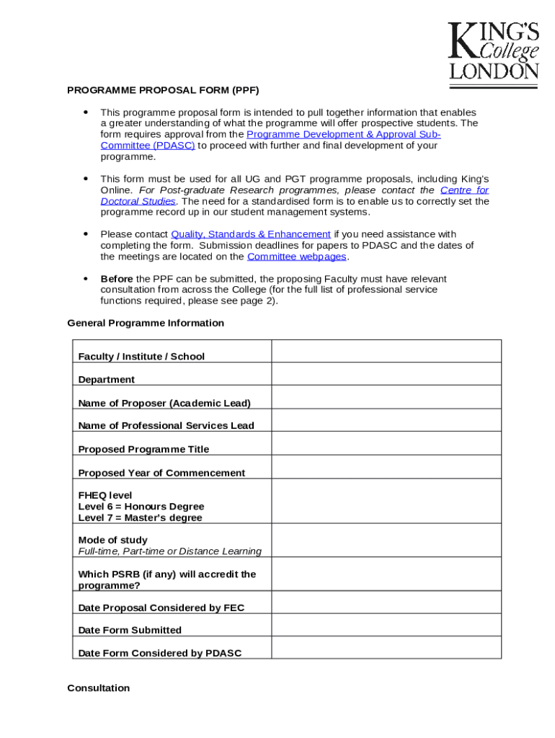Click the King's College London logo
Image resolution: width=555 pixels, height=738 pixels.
click(x=493, y=52)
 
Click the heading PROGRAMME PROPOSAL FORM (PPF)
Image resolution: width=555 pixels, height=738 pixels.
click(x=163, y=90)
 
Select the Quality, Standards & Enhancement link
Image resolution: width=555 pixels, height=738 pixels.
click(x=250, y=234)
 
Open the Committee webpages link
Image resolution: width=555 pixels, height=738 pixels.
click(x=296, y=257)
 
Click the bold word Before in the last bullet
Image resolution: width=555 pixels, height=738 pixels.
click(x=116, y=279)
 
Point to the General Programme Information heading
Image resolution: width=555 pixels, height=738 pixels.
click(x=146, y=323)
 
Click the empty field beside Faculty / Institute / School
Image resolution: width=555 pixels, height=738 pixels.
click(x=386, y=351)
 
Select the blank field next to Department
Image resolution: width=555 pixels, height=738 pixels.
click(x=386, y=374)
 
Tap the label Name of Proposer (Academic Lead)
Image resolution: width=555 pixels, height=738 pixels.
click(x=164, y=403)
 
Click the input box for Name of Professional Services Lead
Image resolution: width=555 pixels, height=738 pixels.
click(x=386, y=420)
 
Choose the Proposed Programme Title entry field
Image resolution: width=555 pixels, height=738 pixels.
click(x=386, y=443)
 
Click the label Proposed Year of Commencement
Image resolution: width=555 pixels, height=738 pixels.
click(x=161, y=473)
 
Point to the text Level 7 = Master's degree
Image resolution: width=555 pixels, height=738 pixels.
click(x=140, y=517)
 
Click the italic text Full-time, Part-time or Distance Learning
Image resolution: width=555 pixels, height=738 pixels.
click(x=169, y=551)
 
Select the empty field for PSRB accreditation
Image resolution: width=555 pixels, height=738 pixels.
click(x=386, y=574)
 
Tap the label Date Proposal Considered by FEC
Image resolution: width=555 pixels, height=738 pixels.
click(x=161, y=608)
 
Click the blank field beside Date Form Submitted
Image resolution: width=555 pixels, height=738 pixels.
click(x=386, y=625)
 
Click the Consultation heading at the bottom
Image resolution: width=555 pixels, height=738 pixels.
click(x=99, y=688)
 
